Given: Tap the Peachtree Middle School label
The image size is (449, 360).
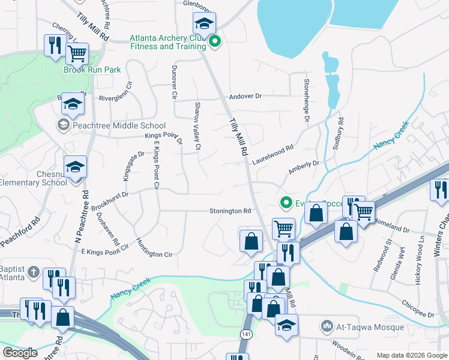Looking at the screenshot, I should click(x=119, y=125).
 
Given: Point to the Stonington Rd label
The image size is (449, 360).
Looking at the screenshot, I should click(x=230, y=211).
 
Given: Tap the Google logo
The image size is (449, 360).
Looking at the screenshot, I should click(x=20, y=353).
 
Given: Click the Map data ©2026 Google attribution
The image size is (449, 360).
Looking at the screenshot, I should click(x=411, y=355).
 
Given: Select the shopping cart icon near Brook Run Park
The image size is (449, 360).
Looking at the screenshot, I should click(x=77, y=53).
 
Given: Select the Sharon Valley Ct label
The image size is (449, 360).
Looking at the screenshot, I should click(x=197, y=126).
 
